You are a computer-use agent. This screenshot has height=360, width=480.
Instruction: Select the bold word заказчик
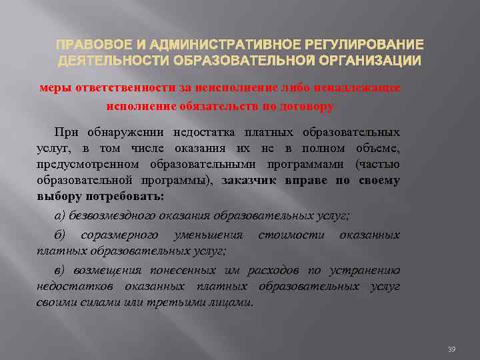[x=253, y=181]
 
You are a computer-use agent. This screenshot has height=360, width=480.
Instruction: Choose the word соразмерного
[x=120, y=235]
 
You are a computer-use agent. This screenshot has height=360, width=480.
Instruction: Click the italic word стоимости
[x=291, y=235]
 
